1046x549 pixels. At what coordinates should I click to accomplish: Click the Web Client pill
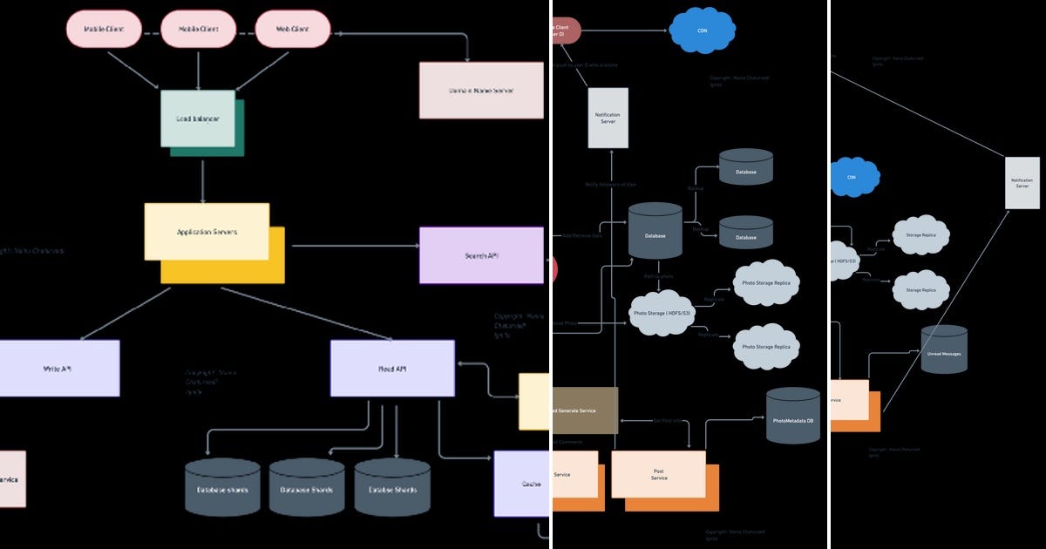293,29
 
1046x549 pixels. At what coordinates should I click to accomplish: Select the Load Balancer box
198,118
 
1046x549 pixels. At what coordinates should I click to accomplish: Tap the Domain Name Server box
481,90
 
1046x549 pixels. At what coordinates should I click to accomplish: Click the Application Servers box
207,232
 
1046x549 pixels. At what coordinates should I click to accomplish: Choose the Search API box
481,255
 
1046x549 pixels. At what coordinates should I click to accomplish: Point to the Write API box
58,369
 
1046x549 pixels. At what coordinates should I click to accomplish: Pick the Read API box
392,369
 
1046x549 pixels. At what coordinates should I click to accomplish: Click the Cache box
522,484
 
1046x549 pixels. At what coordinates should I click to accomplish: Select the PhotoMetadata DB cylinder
793,421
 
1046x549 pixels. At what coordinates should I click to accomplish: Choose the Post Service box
659,474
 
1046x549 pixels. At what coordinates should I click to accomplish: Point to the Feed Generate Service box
585,410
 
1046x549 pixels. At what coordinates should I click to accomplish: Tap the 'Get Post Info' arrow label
667,420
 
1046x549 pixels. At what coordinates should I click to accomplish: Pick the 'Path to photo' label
658,276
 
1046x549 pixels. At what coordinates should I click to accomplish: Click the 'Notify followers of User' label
610,185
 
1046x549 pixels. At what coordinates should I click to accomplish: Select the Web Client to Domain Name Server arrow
410,36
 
